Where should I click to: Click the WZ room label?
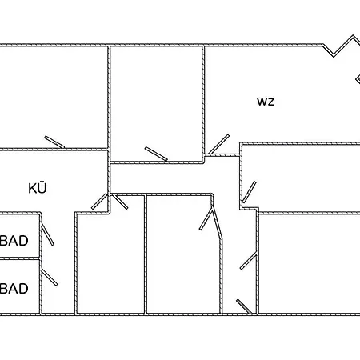click(266, 102)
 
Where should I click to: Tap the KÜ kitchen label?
click(38, 188)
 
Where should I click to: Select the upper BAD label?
click(14, 241)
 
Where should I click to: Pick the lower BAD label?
click(14, 289)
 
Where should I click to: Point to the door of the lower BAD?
click(49, 278)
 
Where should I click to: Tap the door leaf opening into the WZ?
click(218, 145)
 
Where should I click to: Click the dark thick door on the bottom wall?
click(244, 306)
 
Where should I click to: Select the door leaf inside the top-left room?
click(54, 142)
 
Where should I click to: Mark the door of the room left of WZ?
click(156, 154)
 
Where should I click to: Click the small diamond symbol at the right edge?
click(358, 79)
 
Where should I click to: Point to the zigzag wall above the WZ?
click(342, 46)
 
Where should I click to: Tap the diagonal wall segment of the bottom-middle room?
click(217, 222)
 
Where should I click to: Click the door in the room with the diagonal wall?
click(206, 220)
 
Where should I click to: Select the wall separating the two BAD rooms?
click(20, 258)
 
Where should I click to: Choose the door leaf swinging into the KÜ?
click(99, 202)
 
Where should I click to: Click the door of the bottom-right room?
click(248, 262)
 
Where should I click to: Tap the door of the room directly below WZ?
click(250, 192)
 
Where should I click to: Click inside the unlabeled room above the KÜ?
click(54, 96)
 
